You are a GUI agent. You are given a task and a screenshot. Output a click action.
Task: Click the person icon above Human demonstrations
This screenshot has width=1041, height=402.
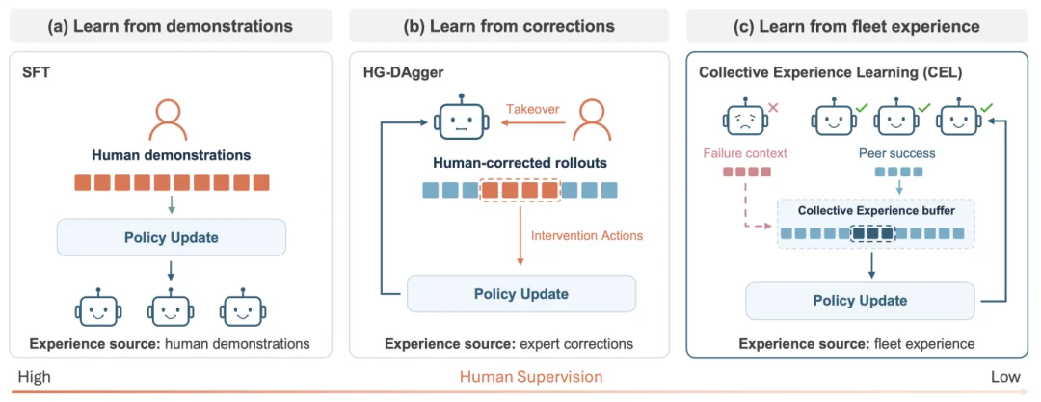[171, 121]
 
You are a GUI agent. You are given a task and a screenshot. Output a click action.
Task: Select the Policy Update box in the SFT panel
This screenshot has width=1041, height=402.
[172, 237]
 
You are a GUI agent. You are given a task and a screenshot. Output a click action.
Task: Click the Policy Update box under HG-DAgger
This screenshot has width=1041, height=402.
[521, 294]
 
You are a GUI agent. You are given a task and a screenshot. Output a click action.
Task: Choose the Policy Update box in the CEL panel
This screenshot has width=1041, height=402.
[860, 301]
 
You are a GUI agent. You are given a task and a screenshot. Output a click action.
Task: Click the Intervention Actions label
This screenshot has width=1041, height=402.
[587, 235]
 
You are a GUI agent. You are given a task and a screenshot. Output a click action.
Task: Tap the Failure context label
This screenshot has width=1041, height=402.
[743, 153]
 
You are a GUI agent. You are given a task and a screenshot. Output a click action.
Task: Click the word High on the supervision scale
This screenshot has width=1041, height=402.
[35, 377]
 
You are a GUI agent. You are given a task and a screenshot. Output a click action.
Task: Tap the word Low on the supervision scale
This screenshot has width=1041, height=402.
[1005, 377]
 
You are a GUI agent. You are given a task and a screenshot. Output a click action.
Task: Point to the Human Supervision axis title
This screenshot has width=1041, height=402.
[531, 377]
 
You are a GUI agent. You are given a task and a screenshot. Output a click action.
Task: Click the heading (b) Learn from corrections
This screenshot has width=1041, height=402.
[509, 27]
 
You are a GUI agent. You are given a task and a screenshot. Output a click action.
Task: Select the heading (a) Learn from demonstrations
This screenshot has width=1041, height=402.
[170, 27]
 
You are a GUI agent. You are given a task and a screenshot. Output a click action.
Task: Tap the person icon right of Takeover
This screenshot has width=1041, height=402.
[592, 121]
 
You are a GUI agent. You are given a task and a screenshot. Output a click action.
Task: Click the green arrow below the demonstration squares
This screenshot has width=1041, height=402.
[172, 204]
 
